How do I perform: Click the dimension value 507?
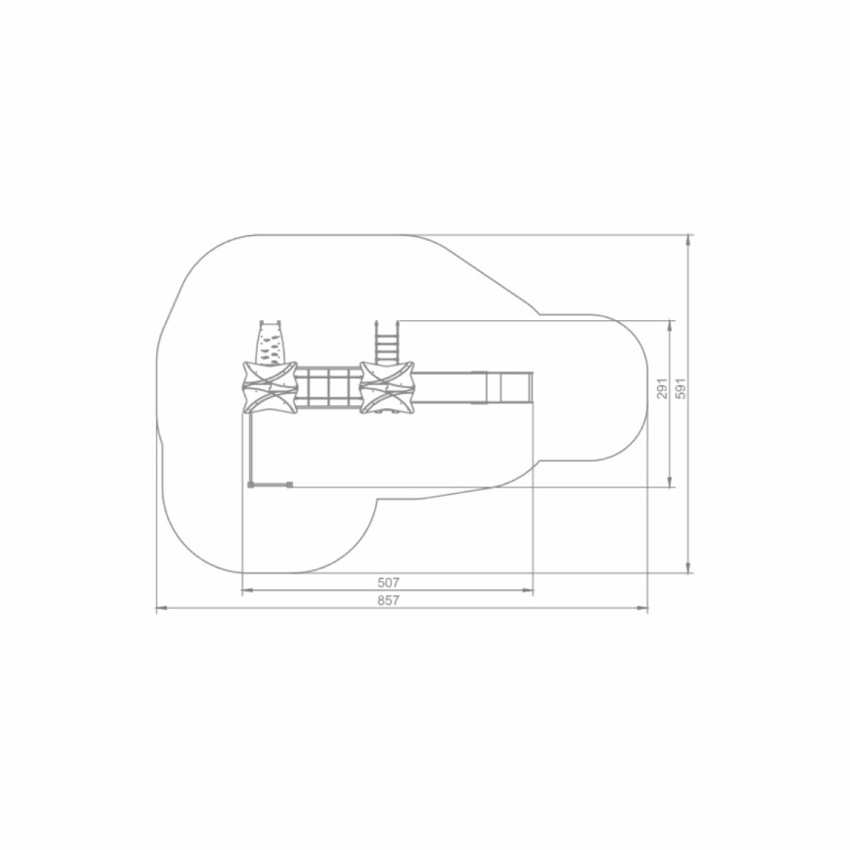[x=388, y=583]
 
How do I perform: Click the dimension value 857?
[x=388, y=601]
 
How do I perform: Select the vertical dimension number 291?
[x=662, y=389]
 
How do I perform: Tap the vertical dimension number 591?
[x=681, y=389]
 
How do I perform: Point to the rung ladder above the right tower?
[x=387, y=342]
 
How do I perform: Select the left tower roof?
[x=269, y=386]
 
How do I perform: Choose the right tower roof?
[x=387, y=387]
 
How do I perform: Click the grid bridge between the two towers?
[x=329, y=387]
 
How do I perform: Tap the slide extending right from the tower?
[x=474, y=387]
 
